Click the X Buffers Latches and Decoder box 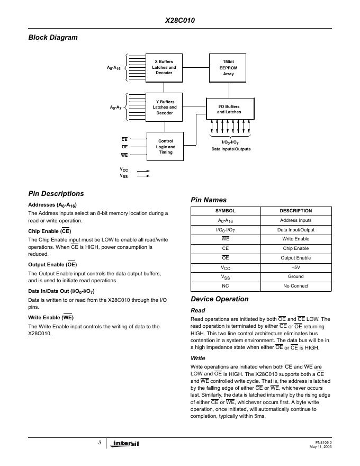pyautogui.click(x=164, y=67)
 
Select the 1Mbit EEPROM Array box pyautogui.click(x=228, y=67)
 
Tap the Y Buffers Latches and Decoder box pyautogui.click(x=164, y=107)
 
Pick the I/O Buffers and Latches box pyautogui.click(x=229, y=109)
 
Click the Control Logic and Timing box pyautogui.click(x=165, y=147)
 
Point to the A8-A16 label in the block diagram pyautogui.click(x=114, y=68)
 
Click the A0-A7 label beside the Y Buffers pyautogui.click(x=115, y=107)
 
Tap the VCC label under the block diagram pyautogui.click(x=124, y=171)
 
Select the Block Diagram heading pyautogui.click(x=52, y=37)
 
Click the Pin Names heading pyautogui.click(x=209, y=200)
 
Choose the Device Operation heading pyautogui.click(x=219, y=299)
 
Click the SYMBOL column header pyautogui.click(x=226, y=211)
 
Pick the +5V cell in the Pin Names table pyautogui.click(x=296, y=267)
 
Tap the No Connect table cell pyautogui.click(x=296, y=286)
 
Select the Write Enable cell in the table pyautogui.click(x=296, y=239)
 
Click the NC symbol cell pyautogui.click(x=226, y=286)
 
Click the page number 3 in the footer pyautogui.click(x=100, y=442)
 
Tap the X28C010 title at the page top pyautogui.click(x=179, y=22)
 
